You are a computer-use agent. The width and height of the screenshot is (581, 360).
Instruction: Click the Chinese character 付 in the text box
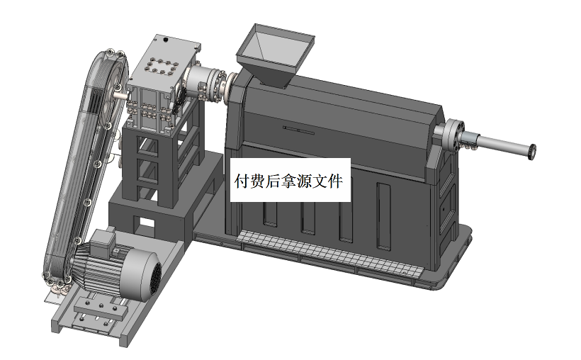[241, 182]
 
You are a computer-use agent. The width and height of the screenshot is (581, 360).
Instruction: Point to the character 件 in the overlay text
[336, 182]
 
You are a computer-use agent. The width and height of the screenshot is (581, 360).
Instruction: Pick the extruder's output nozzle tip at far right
[531, 150]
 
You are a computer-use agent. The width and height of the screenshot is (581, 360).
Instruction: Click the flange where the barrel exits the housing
[452, 135]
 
